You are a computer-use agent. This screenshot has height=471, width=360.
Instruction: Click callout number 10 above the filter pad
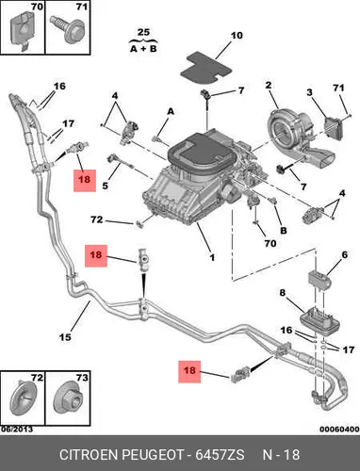pos(237,36)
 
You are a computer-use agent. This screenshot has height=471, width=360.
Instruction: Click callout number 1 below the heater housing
pos(212,257)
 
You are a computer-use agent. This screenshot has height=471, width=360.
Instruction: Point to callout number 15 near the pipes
pos(65,337)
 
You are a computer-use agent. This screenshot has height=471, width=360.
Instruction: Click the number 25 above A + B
pos(143,32)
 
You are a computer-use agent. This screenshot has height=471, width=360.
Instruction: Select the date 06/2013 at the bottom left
pos(17,429)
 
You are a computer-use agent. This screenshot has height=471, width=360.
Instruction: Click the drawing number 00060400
pos(339,429)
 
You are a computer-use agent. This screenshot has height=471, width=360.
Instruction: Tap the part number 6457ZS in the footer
pos(220,455)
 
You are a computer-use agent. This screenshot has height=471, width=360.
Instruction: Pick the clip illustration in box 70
pos(22,31)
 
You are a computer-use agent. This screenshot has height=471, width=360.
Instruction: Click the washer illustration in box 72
pos(24,398)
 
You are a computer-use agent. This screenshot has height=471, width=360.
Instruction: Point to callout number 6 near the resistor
pos(344,254)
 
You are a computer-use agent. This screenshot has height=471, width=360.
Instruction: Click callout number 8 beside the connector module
pos(283,293)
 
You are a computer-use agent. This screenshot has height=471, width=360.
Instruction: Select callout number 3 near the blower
pos(310,92)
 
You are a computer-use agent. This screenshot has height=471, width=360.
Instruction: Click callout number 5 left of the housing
pos(105,186)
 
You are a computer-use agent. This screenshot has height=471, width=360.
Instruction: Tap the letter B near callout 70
pos(283,230)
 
